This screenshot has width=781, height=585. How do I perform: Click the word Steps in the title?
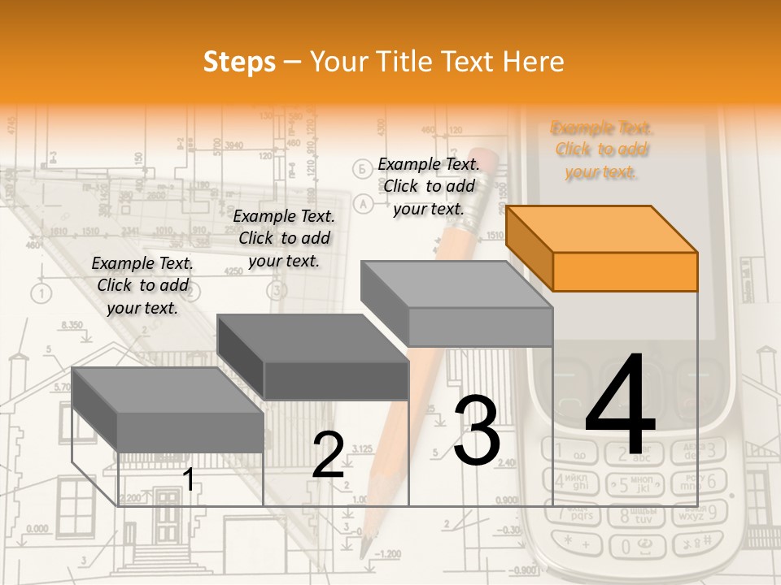239,62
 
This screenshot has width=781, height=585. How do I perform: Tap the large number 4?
620,405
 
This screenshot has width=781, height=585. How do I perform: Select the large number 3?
477,431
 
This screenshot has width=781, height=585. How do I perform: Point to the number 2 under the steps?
328,455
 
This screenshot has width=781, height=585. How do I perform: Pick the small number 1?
189,480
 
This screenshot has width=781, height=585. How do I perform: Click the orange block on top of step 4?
602,248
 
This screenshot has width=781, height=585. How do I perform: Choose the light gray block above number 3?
457,304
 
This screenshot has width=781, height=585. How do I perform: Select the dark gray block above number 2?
313,357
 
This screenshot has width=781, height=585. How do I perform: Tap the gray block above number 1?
168,409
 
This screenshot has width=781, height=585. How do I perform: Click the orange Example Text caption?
602,149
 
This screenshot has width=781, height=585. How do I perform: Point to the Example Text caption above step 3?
429,186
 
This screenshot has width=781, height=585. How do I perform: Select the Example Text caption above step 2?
284,238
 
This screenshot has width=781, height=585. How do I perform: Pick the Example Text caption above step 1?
142,285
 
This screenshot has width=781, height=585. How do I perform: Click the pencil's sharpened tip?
366,548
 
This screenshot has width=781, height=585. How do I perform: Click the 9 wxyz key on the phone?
699,513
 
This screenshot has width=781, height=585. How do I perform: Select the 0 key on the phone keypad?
642,543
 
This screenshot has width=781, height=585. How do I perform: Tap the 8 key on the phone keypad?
642,513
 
